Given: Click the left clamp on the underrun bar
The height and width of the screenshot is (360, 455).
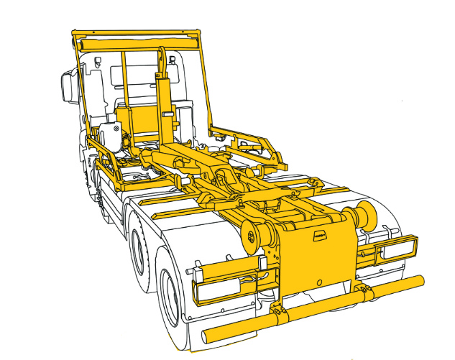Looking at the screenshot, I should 280,314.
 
